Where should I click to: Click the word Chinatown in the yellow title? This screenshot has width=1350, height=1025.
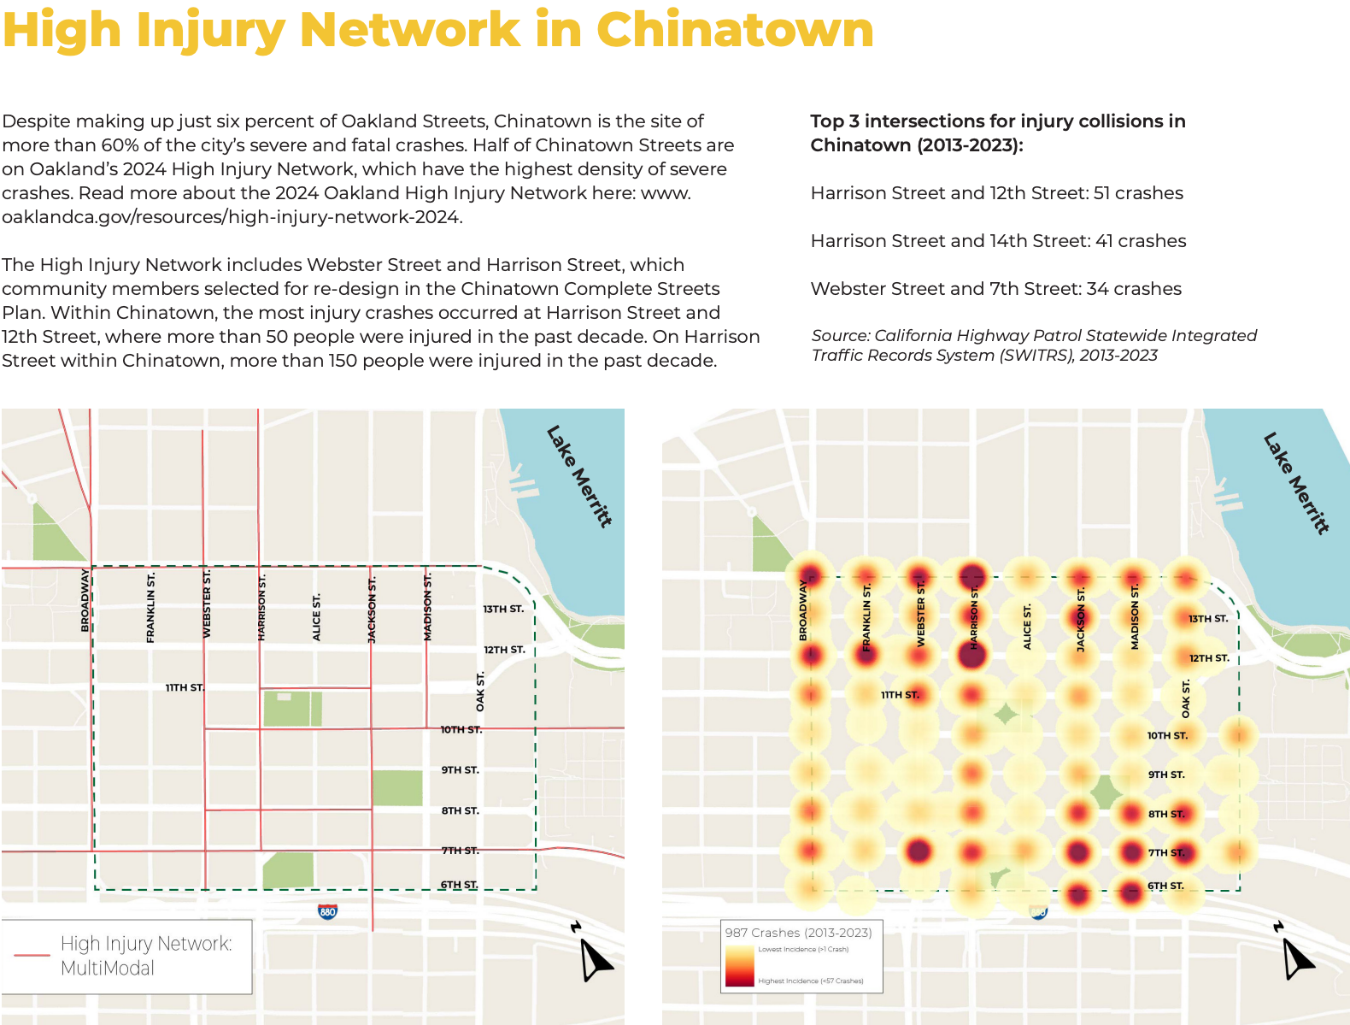[735, 30]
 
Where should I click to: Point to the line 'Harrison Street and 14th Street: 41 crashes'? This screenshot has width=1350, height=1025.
[998, 241]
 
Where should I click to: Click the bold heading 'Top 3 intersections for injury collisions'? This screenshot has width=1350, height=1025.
[997, 121]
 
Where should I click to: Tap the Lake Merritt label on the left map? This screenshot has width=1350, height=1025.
[579, 476]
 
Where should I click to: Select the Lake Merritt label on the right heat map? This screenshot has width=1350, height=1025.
[1296, 484]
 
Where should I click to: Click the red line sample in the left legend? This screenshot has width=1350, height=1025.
[32, 955]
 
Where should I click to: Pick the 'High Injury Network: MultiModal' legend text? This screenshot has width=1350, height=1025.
[146, 956]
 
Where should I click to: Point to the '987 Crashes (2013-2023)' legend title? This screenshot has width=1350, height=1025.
[798, 933]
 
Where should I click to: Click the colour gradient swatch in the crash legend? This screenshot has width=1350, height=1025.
[739, 966]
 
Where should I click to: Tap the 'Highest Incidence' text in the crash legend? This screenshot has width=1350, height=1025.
[810, 981]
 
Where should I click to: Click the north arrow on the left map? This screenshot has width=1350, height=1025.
[595, 957]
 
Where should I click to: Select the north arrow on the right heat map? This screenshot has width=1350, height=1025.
[1297, 957]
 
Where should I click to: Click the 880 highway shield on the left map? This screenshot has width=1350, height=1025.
[327, 911]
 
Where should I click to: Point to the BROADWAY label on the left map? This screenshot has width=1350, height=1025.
[85, 600]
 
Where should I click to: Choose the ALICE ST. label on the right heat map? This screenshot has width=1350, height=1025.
[1027, 627]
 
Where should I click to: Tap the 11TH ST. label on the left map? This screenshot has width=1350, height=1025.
[185, 688]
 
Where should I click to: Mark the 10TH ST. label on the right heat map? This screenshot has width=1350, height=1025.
[1167, 736]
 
